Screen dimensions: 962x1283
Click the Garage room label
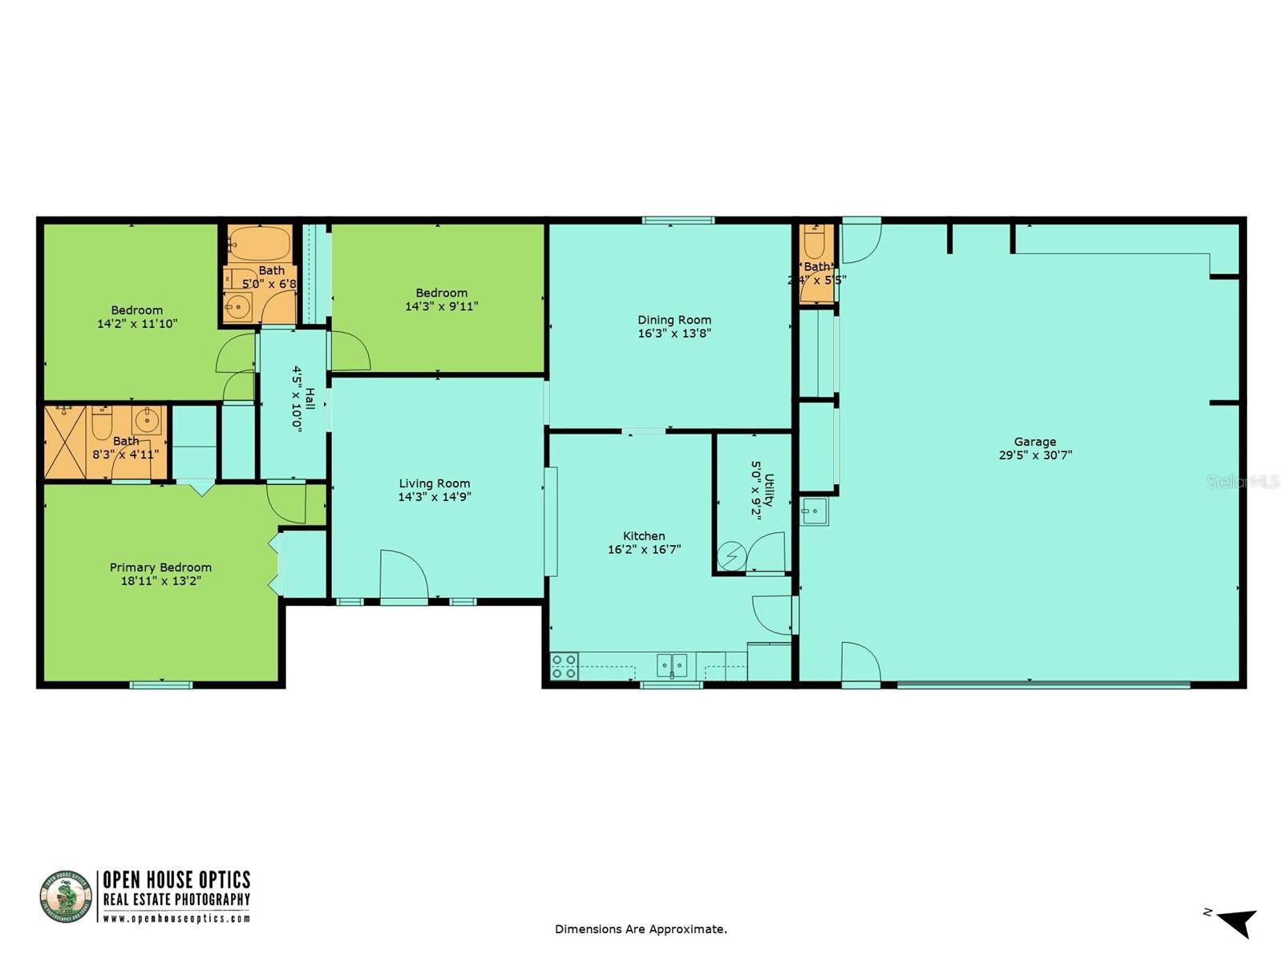click(x=1034, y=442)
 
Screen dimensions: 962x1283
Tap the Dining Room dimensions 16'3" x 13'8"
click(x=674, y=333)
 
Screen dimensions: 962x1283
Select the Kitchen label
click(x=644, y=536)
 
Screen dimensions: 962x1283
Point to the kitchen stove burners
click(x=565, y=666)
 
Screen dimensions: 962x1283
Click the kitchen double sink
click(x=672, y=665)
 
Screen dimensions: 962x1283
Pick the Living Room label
click(x=434, y=483)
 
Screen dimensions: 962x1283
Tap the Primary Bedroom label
click(x=160, y=568)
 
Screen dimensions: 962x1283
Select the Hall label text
click(x=309, y=399)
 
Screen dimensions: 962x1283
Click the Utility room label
click(x=769, y=489)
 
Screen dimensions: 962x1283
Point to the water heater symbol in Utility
click(x=731, y=556)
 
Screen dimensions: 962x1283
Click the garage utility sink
click(x=814, y=511)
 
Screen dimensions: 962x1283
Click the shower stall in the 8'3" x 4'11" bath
click(x=65, y=443)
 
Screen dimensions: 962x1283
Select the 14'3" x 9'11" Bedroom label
click(x=441, y=293)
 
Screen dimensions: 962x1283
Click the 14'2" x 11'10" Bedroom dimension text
click(x=137, y=324)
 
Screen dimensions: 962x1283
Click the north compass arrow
click(x=1237, y=923)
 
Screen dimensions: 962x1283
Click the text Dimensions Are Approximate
click(x=641, y=929)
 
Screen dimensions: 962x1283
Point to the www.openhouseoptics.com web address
click(x=176, y=919)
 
